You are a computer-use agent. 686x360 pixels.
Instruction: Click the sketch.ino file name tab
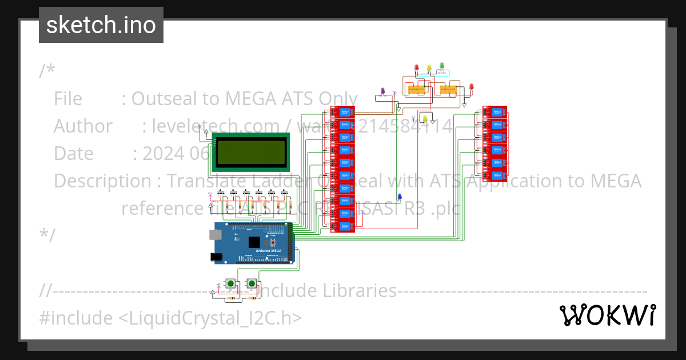click(x=101, y=25)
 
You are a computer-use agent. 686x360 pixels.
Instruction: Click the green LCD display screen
click(x=250, y=151)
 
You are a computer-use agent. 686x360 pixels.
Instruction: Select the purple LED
click(x=382, y=91)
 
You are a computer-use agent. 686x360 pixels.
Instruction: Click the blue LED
click(x=400, y=197)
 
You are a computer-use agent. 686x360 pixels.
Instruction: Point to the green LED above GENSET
click(x=442, y=66)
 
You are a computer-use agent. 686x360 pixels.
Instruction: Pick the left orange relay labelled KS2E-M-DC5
click(x=416, y=89)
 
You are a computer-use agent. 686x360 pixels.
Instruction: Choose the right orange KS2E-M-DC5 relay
click(x=448, y=89)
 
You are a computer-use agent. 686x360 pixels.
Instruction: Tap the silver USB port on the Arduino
click(x=216, y=234)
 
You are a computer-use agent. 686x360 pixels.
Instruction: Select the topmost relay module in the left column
click(x=344, y=111)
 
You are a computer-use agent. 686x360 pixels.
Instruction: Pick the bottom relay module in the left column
click(x=344, y=226)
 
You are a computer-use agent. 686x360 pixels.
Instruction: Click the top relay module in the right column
click(x=495, y=111)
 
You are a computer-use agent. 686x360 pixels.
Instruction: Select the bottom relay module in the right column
click(x=495, y=175)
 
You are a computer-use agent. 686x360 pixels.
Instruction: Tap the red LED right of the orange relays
click(x=472, y=87)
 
